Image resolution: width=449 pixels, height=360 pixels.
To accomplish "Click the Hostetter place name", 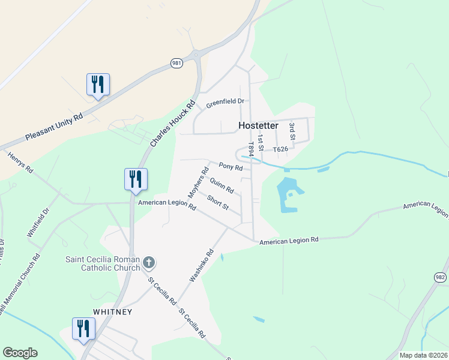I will click(258, 126).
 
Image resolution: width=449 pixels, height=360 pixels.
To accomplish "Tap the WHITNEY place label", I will click(112, 313).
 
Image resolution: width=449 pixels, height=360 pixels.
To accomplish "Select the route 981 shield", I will click(176, 62).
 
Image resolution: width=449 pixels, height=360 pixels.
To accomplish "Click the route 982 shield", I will click(440, 277).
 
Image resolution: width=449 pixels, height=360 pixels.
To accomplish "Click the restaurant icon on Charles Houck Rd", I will click(136, 179).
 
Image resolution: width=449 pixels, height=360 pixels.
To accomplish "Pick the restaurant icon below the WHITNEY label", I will click(83, 328).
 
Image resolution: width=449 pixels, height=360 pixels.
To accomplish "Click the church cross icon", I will click(149, 262).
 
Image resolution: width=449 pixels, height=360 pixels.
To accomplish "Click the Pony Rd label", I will click(230, 166).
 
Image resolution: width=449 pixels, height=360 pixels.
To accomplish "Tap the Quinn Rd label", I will click(222, 185).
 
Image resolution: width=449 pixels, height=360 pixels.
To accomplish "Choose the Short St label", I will click(217, 203).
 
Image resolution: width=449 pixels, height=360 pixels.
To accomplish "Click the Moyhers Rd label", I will click(197, 182).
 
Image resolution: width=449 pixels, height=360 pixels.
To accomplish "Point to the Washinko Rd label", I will click(202, 266).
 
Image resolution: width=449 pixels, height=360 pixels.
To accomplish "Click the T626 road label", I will click(281, 149).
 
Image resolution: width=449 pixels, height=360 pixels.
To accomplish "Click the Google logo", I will click(20, 353).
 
